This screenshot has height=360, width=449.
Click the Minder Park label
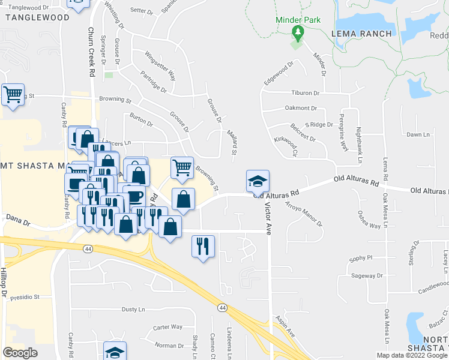pos(298,20)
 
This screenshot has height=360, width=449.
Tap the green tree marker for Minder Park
pos(297,31)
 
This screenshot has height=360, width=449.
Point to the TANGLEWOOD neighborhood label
pos(37,17)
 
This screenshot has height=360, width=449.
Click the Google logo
pos(20,353)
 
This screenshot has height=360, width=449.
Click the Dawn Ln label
pos(418,134)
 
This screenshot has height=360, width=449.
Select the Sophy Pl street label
pos(362,257)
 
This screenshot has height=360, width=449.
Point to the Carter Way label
pos(167,327)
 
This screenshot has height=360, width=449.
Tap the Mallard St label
pos(233,142)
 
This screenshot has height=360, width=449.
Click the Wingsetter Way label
pos(160,66)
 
